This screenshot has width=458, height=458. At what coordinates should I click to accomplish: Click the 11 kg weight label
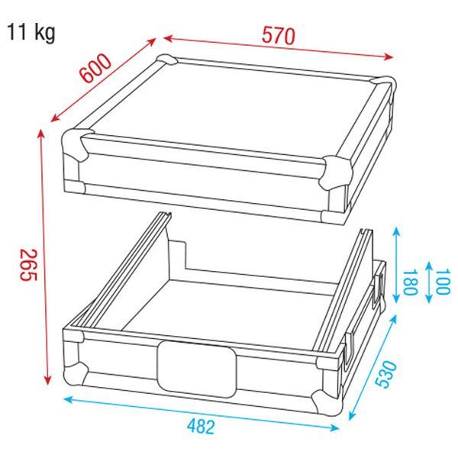click(31, 33)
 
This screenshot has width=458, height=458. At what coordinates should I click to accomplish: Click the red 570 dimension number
click(279, 36)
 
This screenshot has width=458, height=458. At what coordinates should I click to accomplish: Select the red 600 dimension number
click(96, 69)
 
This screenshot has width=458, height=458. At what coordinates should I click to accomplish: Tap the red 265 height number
click(28, 265)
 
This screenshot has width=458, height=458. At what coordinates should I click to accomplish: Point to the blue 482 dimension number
click(201, 426)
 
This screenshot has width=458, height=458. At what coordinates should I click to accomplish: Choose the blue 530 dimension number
click(386, 374)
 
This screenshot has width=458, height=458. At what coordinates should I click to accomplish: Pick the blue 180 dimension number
click(409, 282)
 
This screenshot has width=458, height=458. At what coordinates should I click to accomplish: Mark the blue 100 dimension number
click(443, 282)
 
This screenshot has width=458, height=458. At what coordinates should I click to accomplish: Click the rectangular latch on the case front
click(197, 369)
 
